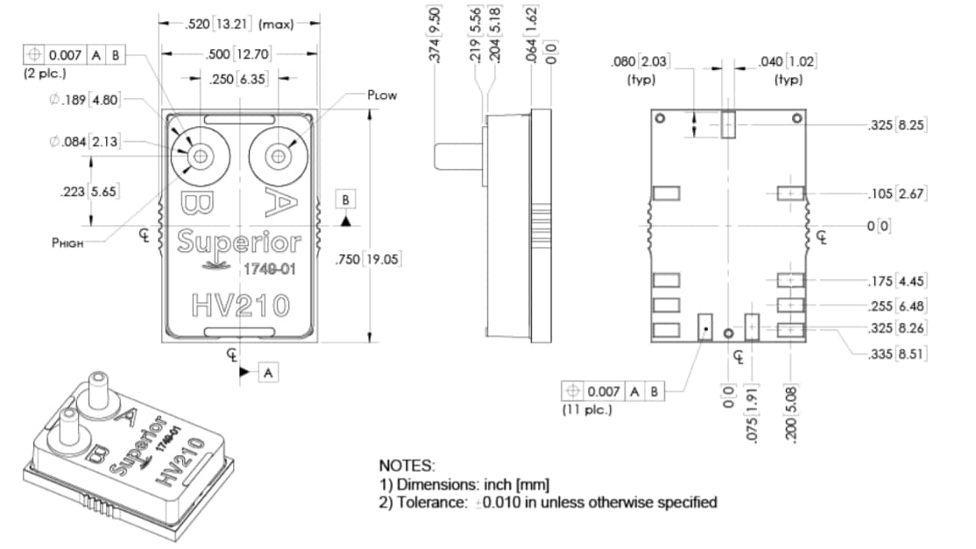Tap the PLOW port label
[x=382, y=95]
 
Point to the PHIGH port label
[x=67, y=243]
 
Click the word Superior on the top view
[x=238, y=242]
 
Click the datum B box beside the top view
[x=347, y=200]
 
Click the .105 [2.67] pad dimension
[x=895, y=193]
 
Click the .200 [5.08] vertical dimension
[x=793, y=420]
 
